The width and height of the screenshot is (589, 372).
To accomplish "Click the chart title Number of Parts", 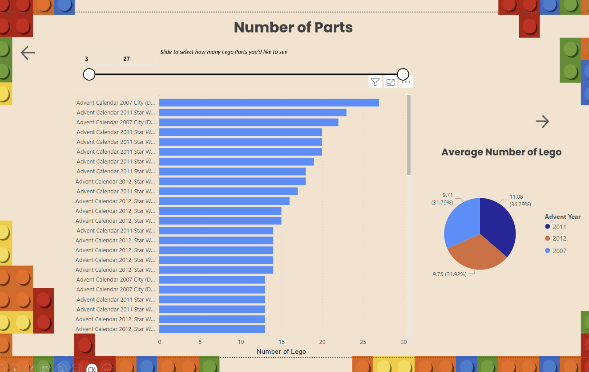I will (x=293, y=27).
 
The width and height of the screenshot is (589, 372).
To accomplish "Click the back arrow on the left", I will (x=28, y=53).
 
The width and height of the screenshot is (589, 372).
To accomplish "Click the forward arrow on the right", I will (x=542, y=121).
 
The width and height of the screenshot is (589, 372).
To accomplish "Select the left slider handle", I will (x=89, y=74).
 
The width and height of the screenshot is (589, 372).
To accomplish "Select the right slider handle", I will (x=403, y=74).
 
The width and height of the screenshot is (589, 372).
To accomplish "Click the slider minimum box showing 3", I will (x=99, y=59).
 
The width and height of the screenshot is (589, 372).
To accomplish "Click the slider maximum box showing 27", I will (x=136, y=59).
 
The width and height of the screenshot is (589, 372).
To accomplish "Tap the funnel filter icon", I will (x=375, y=82).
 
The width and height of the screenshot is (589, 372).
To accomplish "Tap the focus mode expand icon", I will (x=391, y=82).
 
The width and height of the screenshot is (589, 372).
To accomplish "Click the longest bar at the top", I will (x=269, y=103).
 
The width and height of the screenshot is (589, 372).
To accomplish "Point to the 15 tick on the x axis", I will (x=282, y=342).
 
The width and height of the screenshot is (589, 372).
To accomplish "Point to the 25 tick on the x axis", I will (x=363, y=342).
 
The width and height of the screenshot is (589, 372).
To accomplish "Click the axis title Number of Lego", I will (x=281, y=352).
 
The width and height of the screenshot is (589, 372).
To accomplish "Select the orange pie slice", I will (x=476, y=254).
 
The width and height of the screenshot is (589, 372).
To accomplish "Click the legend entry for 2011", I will (x=559, y=227).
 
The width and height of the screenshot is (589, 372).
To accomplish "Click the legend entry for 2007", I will (x=559, y=251).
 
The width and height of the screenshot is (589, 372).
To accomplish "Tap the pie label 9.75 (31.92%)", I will (x=449, y=274).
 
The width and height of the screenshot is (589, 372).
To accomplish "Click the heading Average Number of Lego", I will (x=501, y=152).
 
